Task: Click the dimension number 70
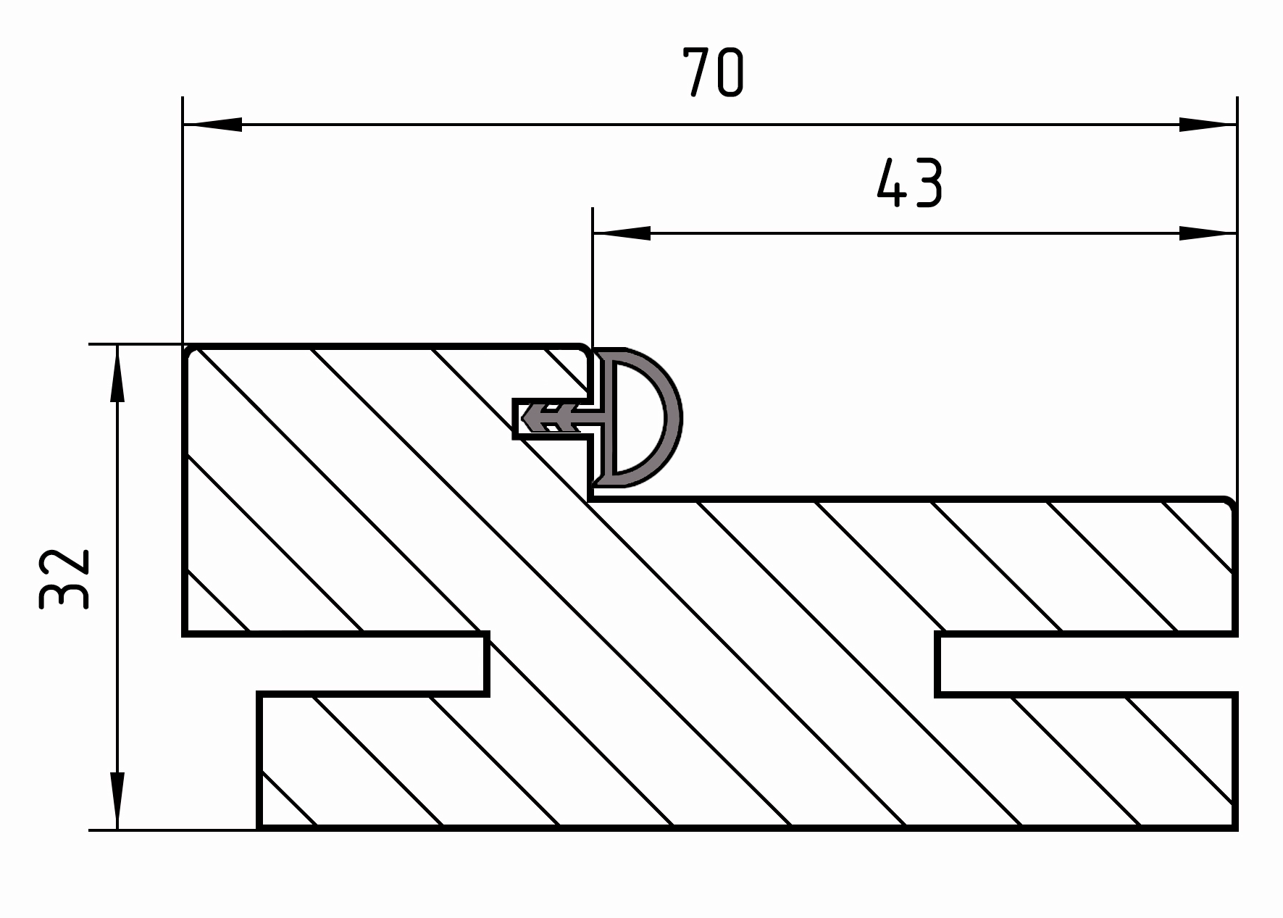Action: [713, 72]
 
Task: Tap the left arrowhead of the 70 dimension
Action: [212, 125]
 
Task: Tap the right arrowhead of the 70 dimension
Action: [1208, 125]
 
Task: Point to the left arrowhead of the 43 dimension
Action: [622, 233]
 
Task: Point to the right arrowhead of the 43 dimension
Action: [1208, 233]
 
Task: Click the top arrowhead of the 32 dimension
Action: [117, 373]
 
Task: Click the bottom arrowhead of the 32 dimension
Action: [117, 801]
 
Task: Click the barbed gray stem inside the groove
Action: [558, 418]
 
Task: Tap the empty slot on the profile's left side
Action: [335, 664]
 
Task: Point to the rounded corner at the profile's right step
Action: [1229, 503]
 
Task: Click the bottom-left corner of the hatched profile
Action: [259, 827]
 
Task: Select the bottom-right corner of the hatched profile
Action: [1234, 827]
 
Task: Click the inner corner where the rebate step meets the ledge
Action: [590, 499]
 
